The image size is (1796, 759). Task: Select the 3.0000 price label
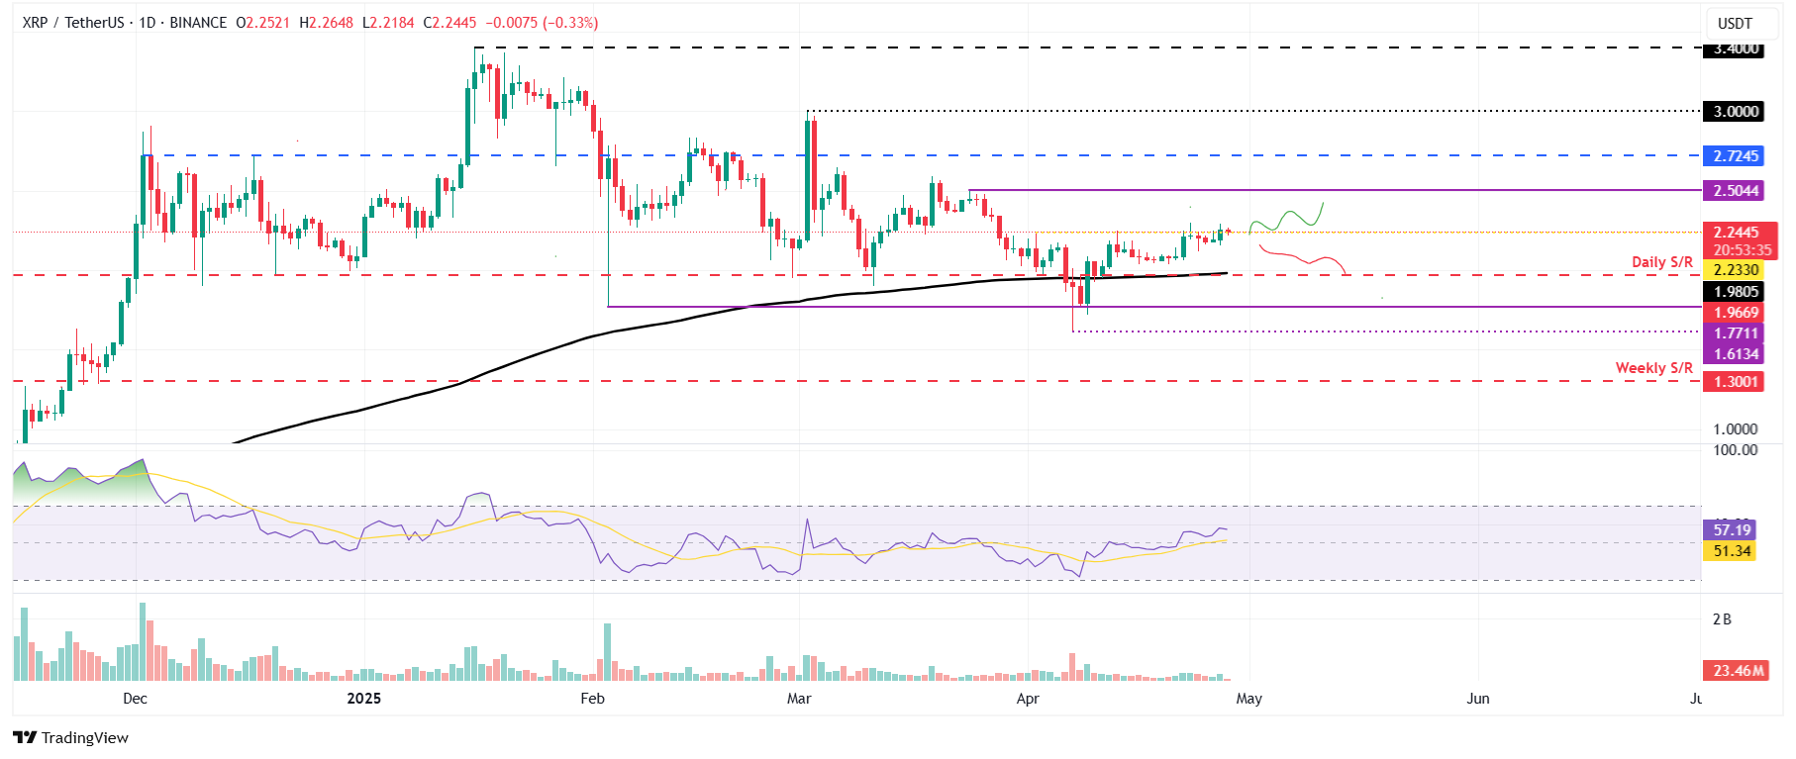(x=1735, y=111)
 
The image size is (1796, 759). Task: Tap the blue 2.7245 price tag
(x=1735, y=155)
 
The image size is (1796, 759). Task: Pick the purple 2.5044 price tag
(x=1735, y=190)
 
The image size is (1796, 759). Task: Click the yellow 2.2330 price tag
(x=1735, y=270)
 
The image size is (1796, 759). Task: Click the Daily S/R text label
(x=1661, y=262)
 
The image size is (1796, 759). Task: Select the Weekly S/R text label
(x=1653, y=368)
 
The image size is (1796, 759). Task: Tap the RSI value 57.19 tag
(x=1731, y=530)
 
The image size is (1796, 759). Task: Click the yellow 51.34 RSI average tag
(x=1731, y=551)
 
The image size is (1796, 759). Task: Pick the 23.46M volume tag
(x=1737, y=671)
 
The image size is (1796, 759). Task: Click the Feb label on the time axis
(x=592, y=699)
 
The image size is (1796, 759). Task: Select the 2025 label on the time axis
(x=364, y=699)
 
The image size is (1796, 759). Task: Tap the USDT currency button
(x=1735, y=23)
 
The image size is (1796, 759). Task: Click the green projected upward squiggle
(x=1287, y=217)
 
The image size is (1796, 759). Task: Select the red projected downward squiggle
(x=1302, y=258)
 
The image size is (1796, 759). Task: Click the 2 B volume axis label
(x=1722, y=619)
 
